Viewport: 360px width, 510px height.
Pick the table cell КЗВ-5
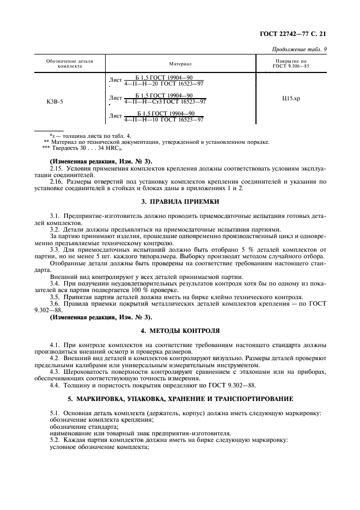[55, 101]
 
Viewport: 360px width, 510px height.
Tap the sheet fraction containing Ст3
[165, 99]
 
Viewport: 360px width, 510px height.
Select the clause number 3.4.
[54, 283]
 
